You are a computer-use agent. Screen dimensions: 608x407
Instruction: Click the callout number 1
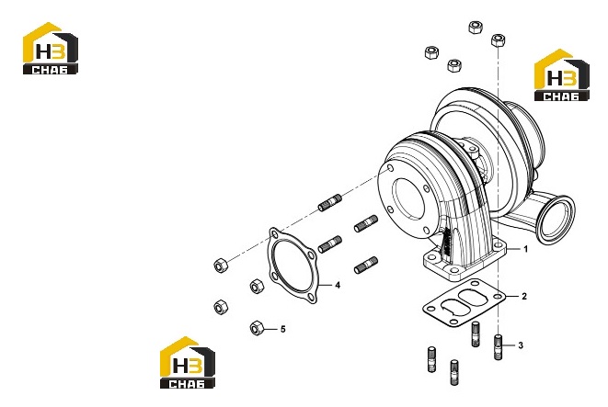pos(526,249)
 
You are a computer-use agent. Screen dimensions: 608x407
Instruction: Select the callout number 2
pos(524,296)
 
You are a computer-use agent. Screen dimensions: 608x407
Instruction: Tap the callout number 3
pos(521,345)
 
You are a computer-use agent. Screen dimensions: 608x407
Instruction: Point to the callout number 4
pos(338,286)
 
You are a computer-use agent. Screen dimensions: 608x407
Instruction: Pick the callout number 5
pos(282,329)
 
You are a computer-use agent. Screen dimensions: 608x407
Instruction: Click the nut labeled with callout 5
pos(257,328)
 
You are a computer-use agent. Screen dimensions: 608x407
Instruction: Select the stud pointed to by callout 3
pos(499,347)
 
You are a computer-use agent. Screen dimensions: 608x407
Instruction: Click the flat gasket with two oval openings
pos(465,302)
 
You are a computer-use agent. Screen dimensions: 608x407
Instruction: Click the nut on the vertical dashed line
pos(498,40)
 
